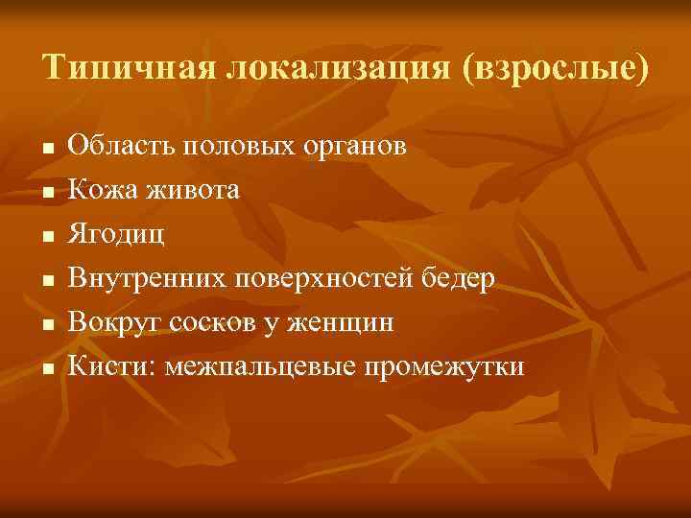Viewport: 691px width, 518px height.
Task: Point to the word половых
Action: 235,147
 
